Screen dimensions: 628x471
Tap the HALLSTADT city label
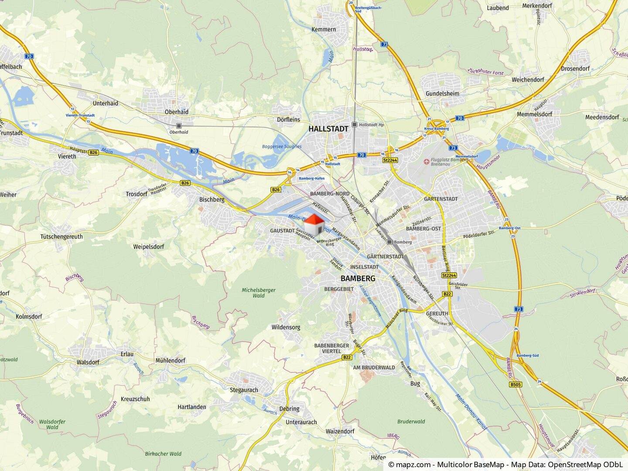click(x=328, y=129)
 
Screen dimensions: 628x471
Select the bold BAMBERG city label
click(x=358, y=278)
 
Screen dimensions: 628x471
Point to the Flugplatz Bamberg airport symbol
click(x=427, y=162)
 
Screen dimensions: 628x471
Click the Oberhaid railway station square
click(x=179, y=126)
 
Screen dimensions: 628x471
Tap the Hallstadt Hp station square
click(x=355, y=125)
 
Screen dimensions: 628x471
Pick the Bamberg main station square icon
click(x=389, y=242)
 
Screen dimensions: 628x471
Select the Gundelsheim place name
click(x=442, y=94)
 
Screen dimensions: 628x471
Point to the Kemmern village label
click(x=324, y=30)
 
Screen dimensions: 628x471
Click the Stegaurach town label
click(x=244, y=390)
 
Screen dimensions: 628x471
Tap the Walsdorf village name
click(x=88, y=362)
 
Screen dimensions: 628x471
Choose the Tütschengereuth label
click(x=61, y=237)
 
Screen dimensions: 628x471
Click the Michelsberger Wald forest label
click(x=259, y=293)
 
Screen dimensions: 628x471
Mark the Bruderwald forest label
click(x=411, y=422)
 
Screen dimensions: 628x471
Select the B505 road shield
click(x=515, y=385)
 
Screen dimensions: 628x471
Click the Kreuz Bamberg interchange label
click(x=436, y=129)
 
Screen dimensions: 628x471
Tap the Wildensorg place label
click(x=286, y=327)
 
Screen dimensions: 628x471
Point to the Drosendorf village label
click(x=575, y=69)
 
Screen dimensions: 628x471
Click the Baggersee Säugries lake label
click(x=282, y=147)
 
